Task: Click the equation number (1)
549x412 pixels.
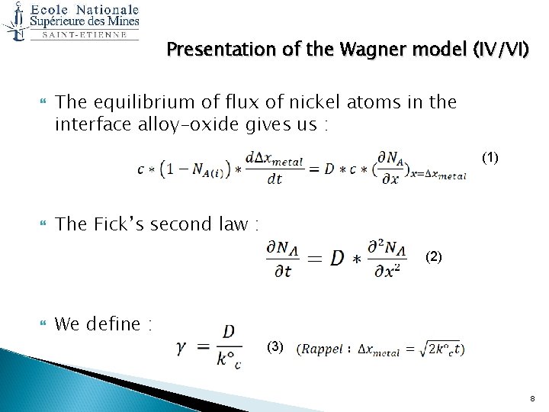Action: coord(490,158)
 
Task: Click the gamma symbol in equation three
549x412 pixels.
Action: coord(182,347)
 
